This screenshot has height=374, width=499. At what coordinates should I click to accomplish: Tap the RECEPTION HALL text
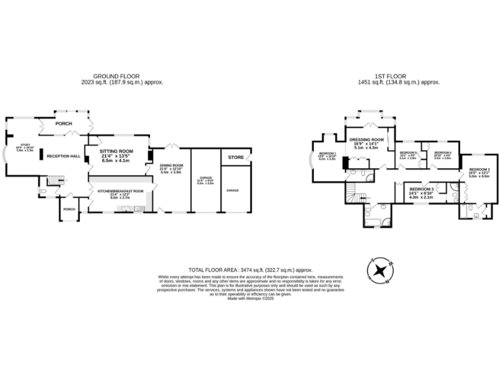click(63, 156)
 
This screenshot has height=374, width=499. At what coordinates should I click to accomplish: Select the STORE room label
click(235, 156)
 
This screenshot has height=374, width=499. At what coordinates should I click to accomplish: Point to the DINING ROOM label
click(172, 166)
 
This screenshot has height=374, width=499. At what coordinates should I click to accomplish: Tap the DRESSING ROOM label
click(367, 140)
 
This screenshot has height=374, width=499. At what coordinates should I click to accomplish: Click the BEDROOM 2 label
click(480, 170)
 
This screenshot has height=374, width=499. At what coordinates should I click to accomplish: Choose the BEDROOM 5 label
click(407, 153)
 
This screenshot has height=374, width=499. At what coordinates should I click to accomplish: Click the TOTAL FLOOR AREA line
click(250, 269)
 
